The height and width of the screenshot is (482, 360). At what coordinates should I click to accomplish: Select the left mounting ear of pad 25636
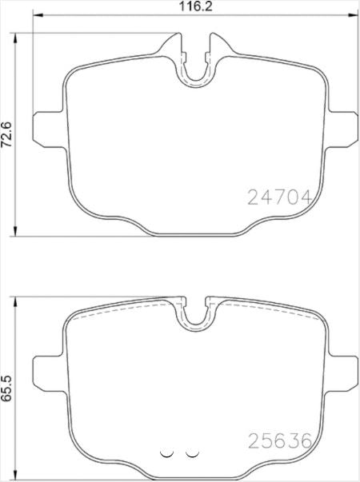coord(46,370)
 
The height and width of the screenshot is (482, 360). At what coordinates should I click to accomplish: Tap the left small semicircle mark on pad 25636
coord(167,452)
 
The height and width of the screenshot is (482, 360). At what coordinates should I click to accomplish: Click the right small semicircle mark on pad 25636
coord(191,452)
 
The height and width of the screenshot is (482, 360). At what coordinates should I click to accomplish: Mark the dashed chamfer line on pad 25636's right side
coord(272,312)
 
